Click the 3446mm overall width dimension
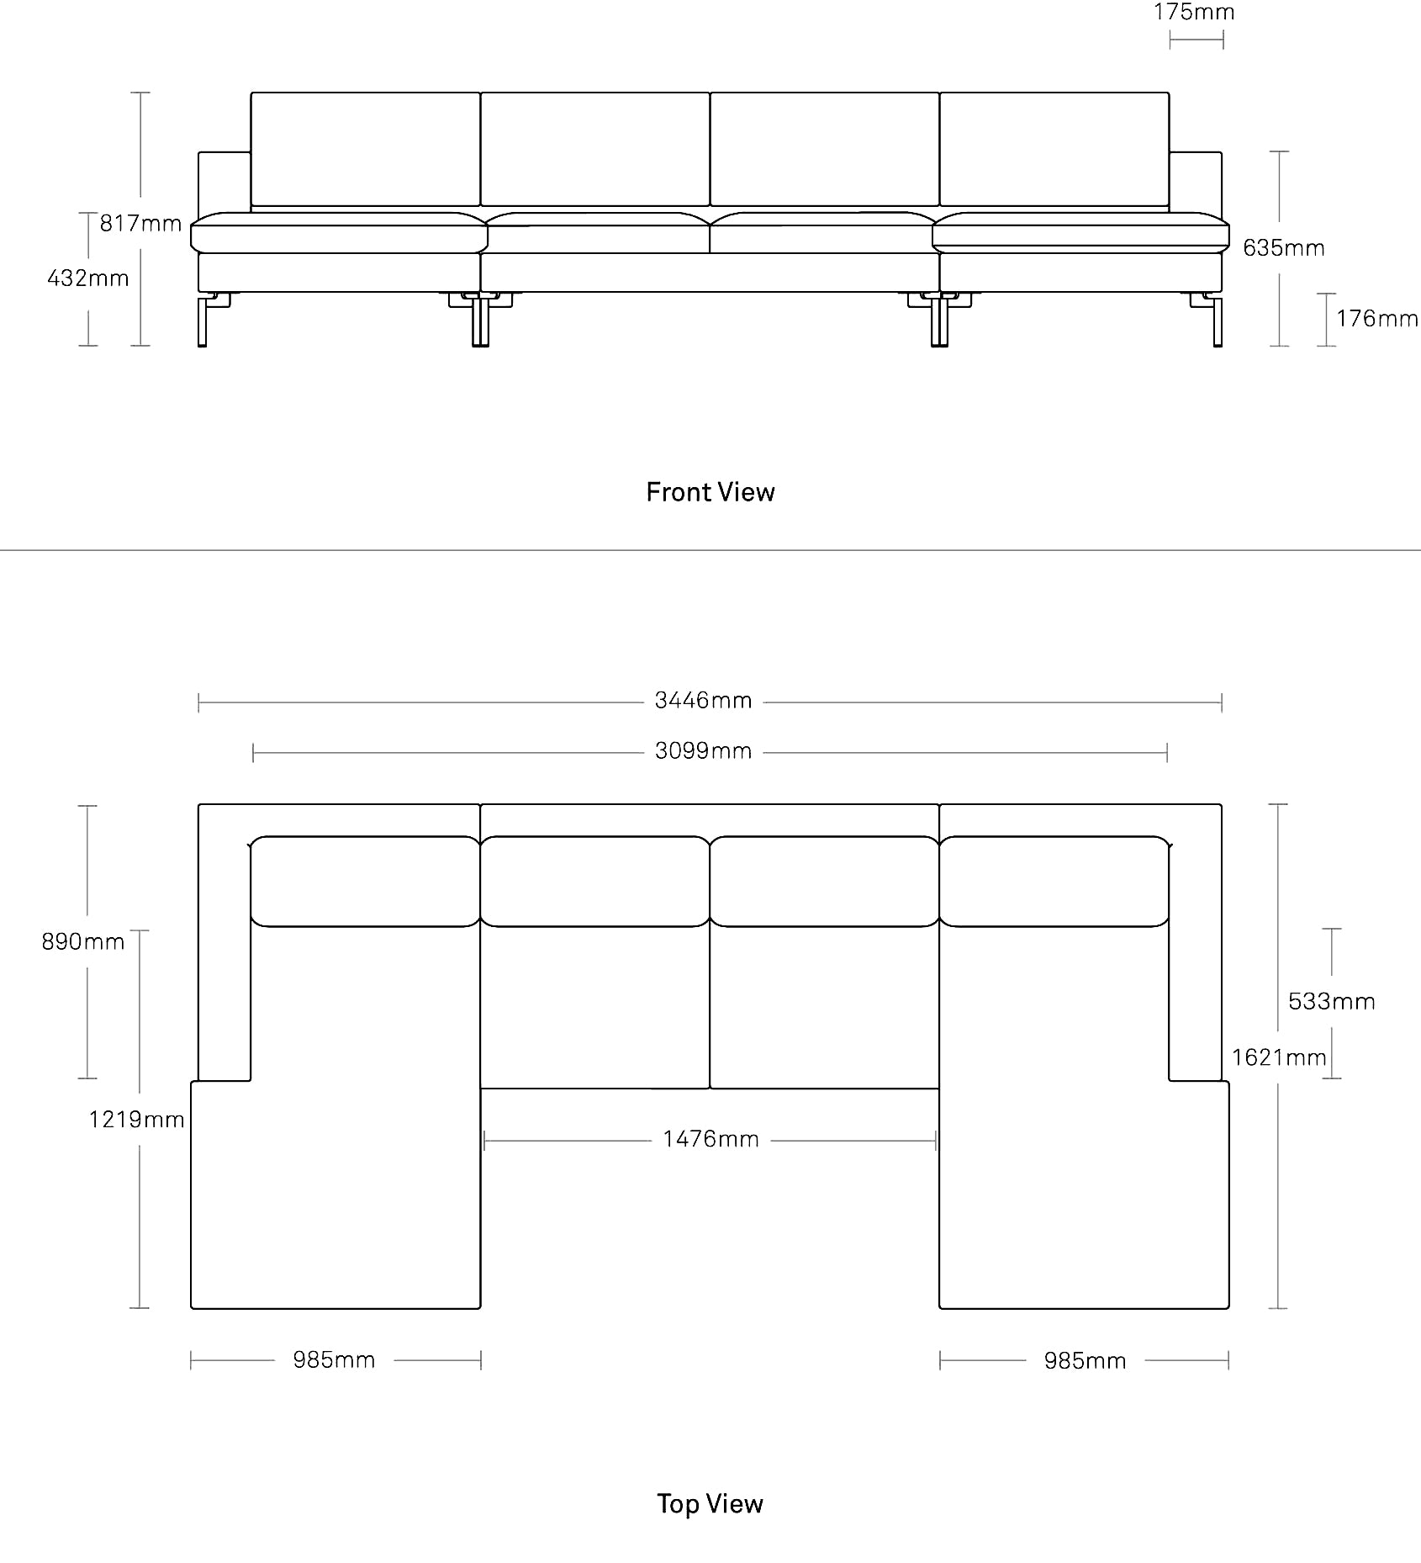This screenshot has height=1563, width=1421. click(x=703, y=701)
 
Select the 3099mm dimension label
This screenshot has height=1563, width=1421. click(x=703, y=751)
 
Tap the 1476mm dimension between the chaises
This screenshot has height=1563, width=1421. click(x=710, y=1139)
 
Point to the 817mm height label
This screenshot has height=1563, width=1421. click(x=140, y=223)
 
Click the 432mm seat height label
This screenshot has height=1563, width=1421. click(x=88, y=278)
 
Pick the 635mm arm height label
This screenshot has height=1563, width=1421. click(x=1284, y=247)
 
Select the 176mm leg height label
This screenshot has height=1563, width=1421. click(x=1377, y=318)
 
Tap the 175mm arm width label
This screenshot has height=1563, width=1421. click(x=1194, y=13)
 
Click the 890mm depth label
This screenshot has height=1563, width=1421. click(x=83, y=941)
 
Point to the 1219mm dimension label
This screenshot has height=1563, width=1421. click(x=137, y=1119)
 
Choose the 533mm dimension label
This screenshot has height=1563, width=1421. click(x=1332, y=1001)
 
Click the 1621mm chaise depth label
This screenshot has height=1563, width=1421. click(x=1279, y=1057)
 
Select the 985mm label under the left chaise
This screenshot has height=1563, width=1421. click(x=334, y=1359)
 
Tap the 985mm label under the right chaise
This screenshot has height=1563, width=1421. click(x=1085, y=1360)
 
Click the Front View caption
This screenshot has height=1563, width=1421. click(x=710, y=492)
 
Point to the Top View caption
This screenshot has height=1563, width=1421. click(x=710, y=1503)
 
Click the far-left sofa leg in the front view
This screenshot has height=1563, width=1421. click(x=203, y=320)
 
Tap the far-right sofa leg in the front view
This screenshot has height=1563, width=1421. click(x=1217, y=320)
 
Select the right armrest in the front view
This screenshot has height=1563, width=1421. click(x=1195, y=182)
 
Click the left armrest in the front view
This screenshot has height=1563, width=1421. click(x=225, y=182)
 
